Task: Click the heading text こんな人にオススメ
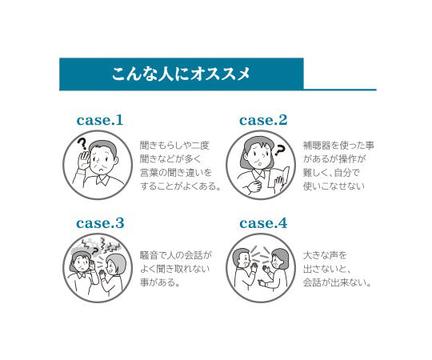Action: click(181, 74)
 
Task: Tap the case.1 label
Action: click(100, 120)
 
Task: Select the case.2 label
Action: click(263, 120)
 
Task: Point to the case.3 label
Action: click(100, 223)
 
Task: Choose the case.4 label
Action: click(263, 223)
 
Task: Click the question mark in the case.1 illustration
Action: click(82, 144)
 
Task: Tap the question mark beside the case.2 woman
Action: click(279, 150)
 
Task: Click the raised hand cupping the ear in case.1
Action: click(83, 160)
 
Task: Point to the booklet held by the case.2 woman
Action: click(279, 178)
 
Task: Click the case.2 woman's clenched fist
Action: click(254, 186)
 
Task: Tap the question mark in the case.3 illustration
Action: click(95, 250)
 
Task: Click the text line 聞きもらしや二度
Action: click(174, 145)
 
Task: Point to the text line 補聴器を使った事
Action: click(338, 145)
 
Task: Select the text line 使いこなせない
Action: click(334, 186)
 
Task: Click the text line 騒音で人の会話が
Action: click(176, 255)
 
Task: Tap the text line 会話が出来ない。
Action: click(338, 282)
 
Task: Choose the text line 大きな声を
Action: click(325, 255)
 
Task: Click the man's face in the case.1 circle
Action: click(102, 161)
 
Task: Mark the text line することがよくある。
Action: click(181, 186)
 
